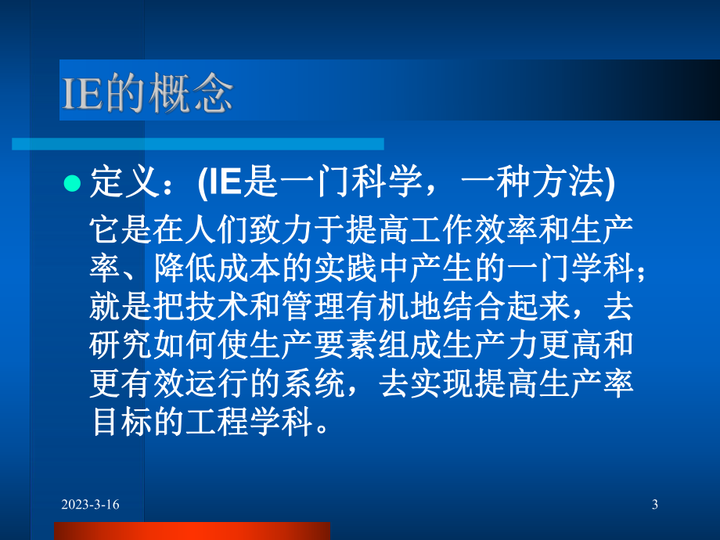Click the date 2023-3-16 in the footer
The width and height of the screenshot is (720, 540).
[x=92, y=506]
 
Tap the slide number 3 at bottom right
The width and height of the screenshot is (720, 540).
[x=654, y=506]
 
